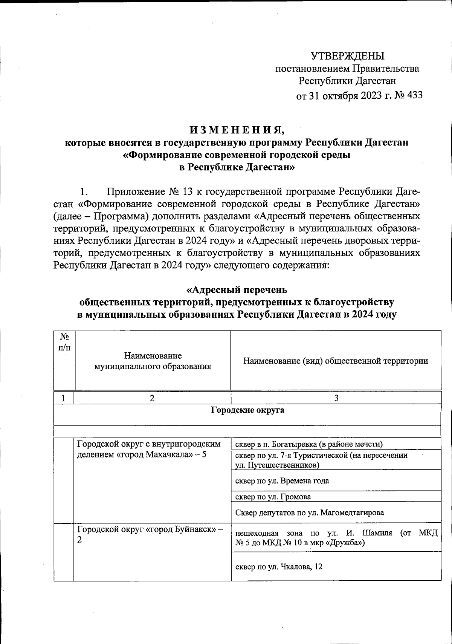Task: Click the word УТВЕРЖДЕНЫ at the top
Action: [347, 56]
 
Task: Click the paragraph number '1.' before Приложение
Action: [84, 192]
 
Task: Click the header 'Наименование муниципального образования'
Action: [153, 361]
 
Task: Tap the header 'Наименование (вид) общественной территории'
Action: [335, 361]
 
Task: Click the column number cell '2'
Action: [152, 398]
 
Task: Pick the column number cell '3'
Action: [336, 398]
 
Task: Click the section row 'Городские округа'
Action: [247, 410]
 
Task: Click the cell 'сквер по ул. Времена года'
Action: [282, 481]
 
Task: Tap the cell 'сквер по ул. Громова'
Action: [273, 497]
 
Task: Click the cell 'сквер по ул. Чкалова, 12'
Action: [279, 566]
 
